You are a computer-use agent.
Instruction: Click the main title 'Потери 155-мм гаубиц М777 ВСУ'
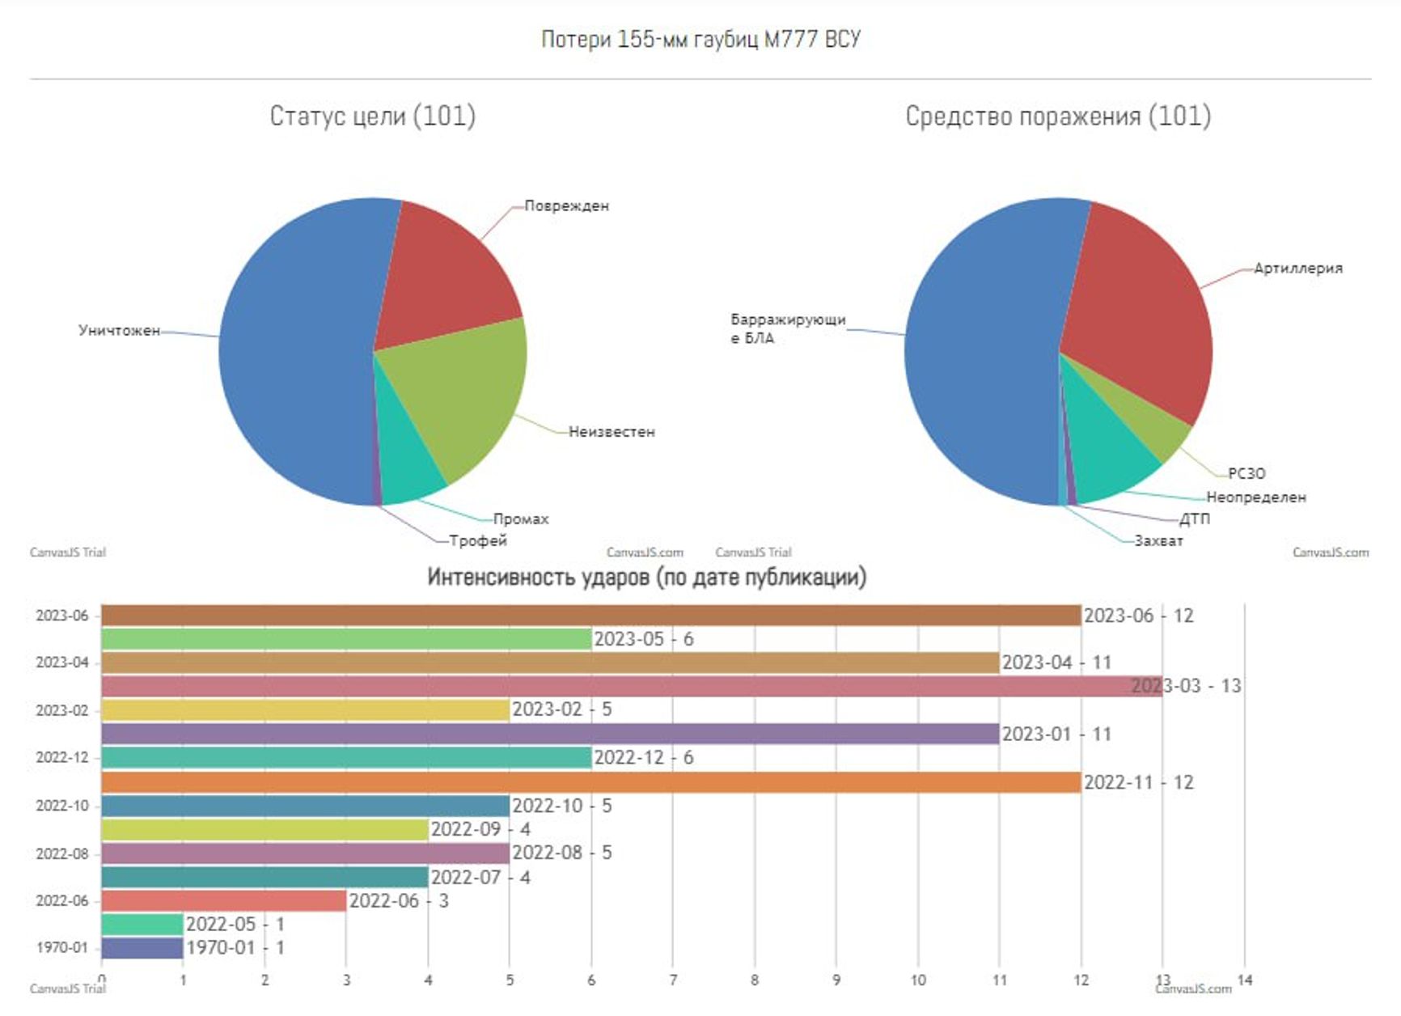point(700,39)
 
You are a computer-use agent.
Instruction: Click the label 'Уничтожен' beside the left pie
point(119,330)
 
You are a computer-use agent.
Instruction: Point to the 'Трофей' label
point(478,540)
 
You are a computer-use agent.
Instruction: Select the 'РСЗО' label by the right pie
point(1246,473)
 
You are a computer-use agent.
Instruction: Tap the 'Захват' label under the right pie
point(1158,540)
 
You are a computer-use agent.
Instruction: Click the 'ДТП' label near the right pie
point(1194,519)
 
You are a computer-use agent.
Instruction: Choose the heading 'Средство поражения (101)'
point(1057,116)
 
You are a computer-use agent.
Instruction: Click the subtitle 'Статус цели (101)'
point(372,116)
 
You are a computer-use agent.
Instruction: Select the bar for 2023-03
point(631,686)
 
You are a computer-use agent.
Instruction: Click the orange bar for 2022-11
point(590,782)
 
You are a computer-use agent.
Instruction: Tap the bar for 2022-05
point(142,924)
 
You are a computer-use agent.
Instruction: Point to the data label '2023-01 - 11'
point(1056,734)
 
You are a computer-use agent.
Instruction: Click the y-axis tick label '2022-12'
point(61,758)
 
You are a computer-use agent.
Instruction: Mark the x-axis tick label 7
point(673,980)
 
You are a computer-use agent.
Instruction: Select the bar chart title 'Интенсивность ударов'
point(646,578)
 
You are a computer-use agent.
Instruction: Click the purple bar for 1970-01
point(142,947)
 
